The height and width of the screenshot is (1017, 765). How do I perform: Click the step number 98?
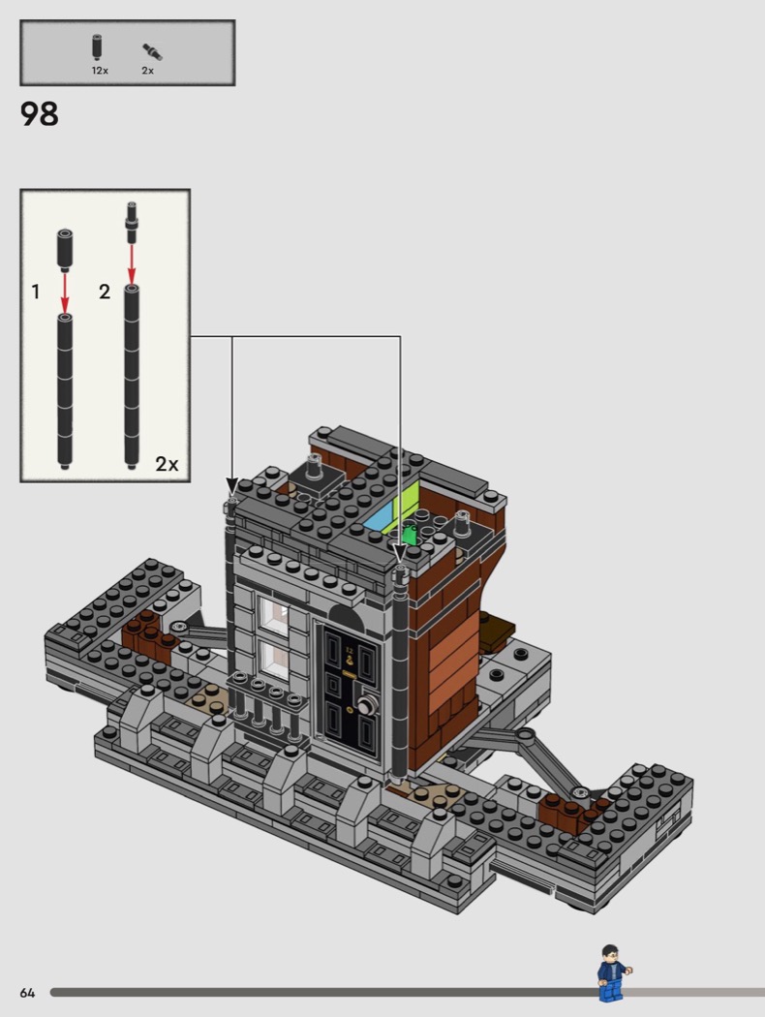point(40,114)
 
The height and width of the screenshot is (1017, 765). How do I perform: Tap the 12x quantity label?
point(100,71)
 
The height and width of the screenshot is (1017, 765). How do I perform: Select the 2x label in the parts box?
point(148,71)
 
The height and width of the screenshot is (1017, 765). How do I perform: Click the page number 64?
point(27,993)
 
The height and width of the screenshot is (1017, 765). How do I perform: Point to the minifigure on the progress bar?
point(612,972)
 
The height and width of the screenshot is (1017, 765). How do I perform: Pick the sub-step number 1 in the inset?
point(36,292)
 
